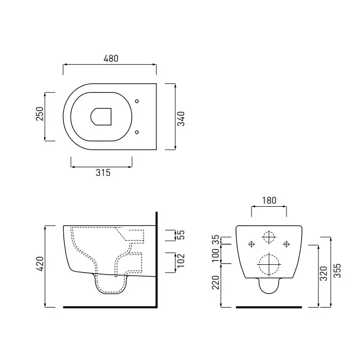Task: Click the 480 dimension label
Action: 111,58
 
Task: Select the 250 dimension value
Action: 40,114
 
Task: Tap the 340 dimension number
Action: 181,119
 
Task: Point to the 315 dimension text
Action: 103,172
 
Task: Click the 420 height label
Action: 40,263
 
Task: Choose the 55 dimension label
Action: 182,235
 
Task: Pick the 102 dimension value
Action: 181,260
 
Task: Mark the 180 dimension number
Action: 269,201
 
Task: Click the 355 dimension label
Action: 337,271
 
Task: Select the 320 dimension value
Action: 323,274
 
